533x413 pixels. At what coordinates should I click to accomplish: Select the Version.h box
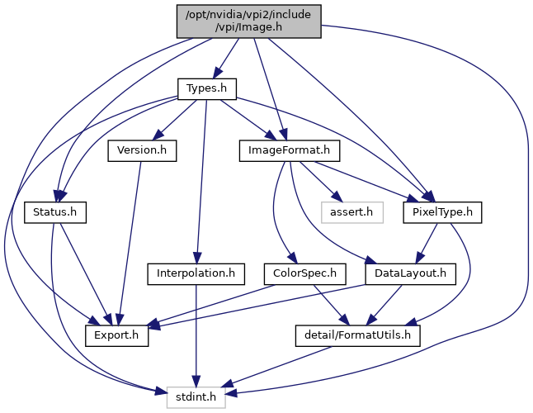(142, 150)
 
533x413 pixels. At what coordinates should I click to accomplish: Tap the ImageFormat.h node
(283, 150)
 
